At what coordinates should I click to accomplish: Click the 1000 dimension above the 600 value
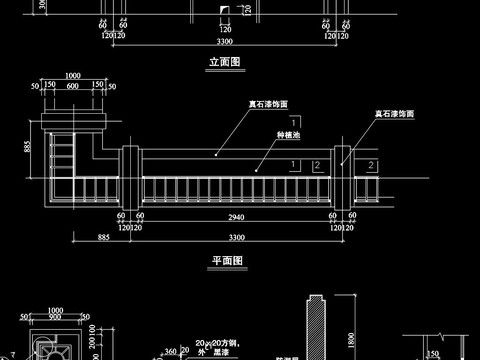(73, 75)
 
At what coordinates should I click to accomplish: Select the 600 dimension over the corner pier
(73, 86)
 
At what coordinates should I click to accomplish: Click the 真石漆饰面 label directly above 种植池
(268, 103)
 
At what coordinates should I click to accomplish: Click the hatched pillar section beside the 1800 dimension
(318, 330)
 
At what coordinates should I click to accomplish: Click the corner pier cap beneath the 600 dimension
(74, 121)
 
